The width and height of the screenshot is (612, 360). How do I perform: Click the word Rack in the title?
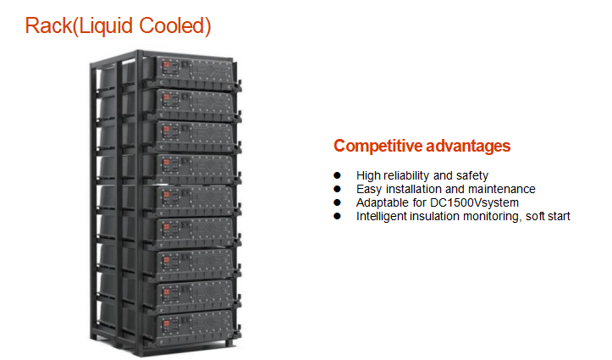(49, 25)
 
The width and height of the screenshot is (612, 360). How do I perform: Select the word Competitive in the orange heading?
(378, 146)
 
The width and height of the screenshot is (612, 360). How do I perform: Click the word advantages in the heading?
(468, 146)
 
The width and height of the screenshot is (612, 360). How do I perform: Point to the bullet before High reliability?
(337, 175)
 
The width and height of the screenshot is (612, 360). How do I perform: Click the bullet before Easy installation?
(337, 189)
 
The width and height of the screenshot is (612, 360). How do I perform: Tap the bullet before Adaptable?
(337, 202)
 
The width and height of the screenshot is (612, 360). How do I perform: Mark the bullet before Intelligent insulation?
(337, 216)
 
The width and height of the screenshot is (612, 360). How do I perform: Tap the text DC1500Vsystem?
(474, 203)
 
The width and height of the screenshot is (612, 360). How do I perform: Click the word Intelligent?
(381, 216)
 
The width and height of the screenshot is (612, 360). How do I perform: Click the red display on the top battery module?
(166, 65)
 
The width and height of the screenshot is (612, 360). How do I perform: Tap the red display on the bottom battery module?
(166, 324)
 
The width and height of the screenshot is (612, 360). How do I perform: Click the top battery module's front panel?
(196, 70)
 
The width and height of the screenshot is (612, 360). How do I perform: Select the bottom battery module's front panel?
(196, 328)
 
